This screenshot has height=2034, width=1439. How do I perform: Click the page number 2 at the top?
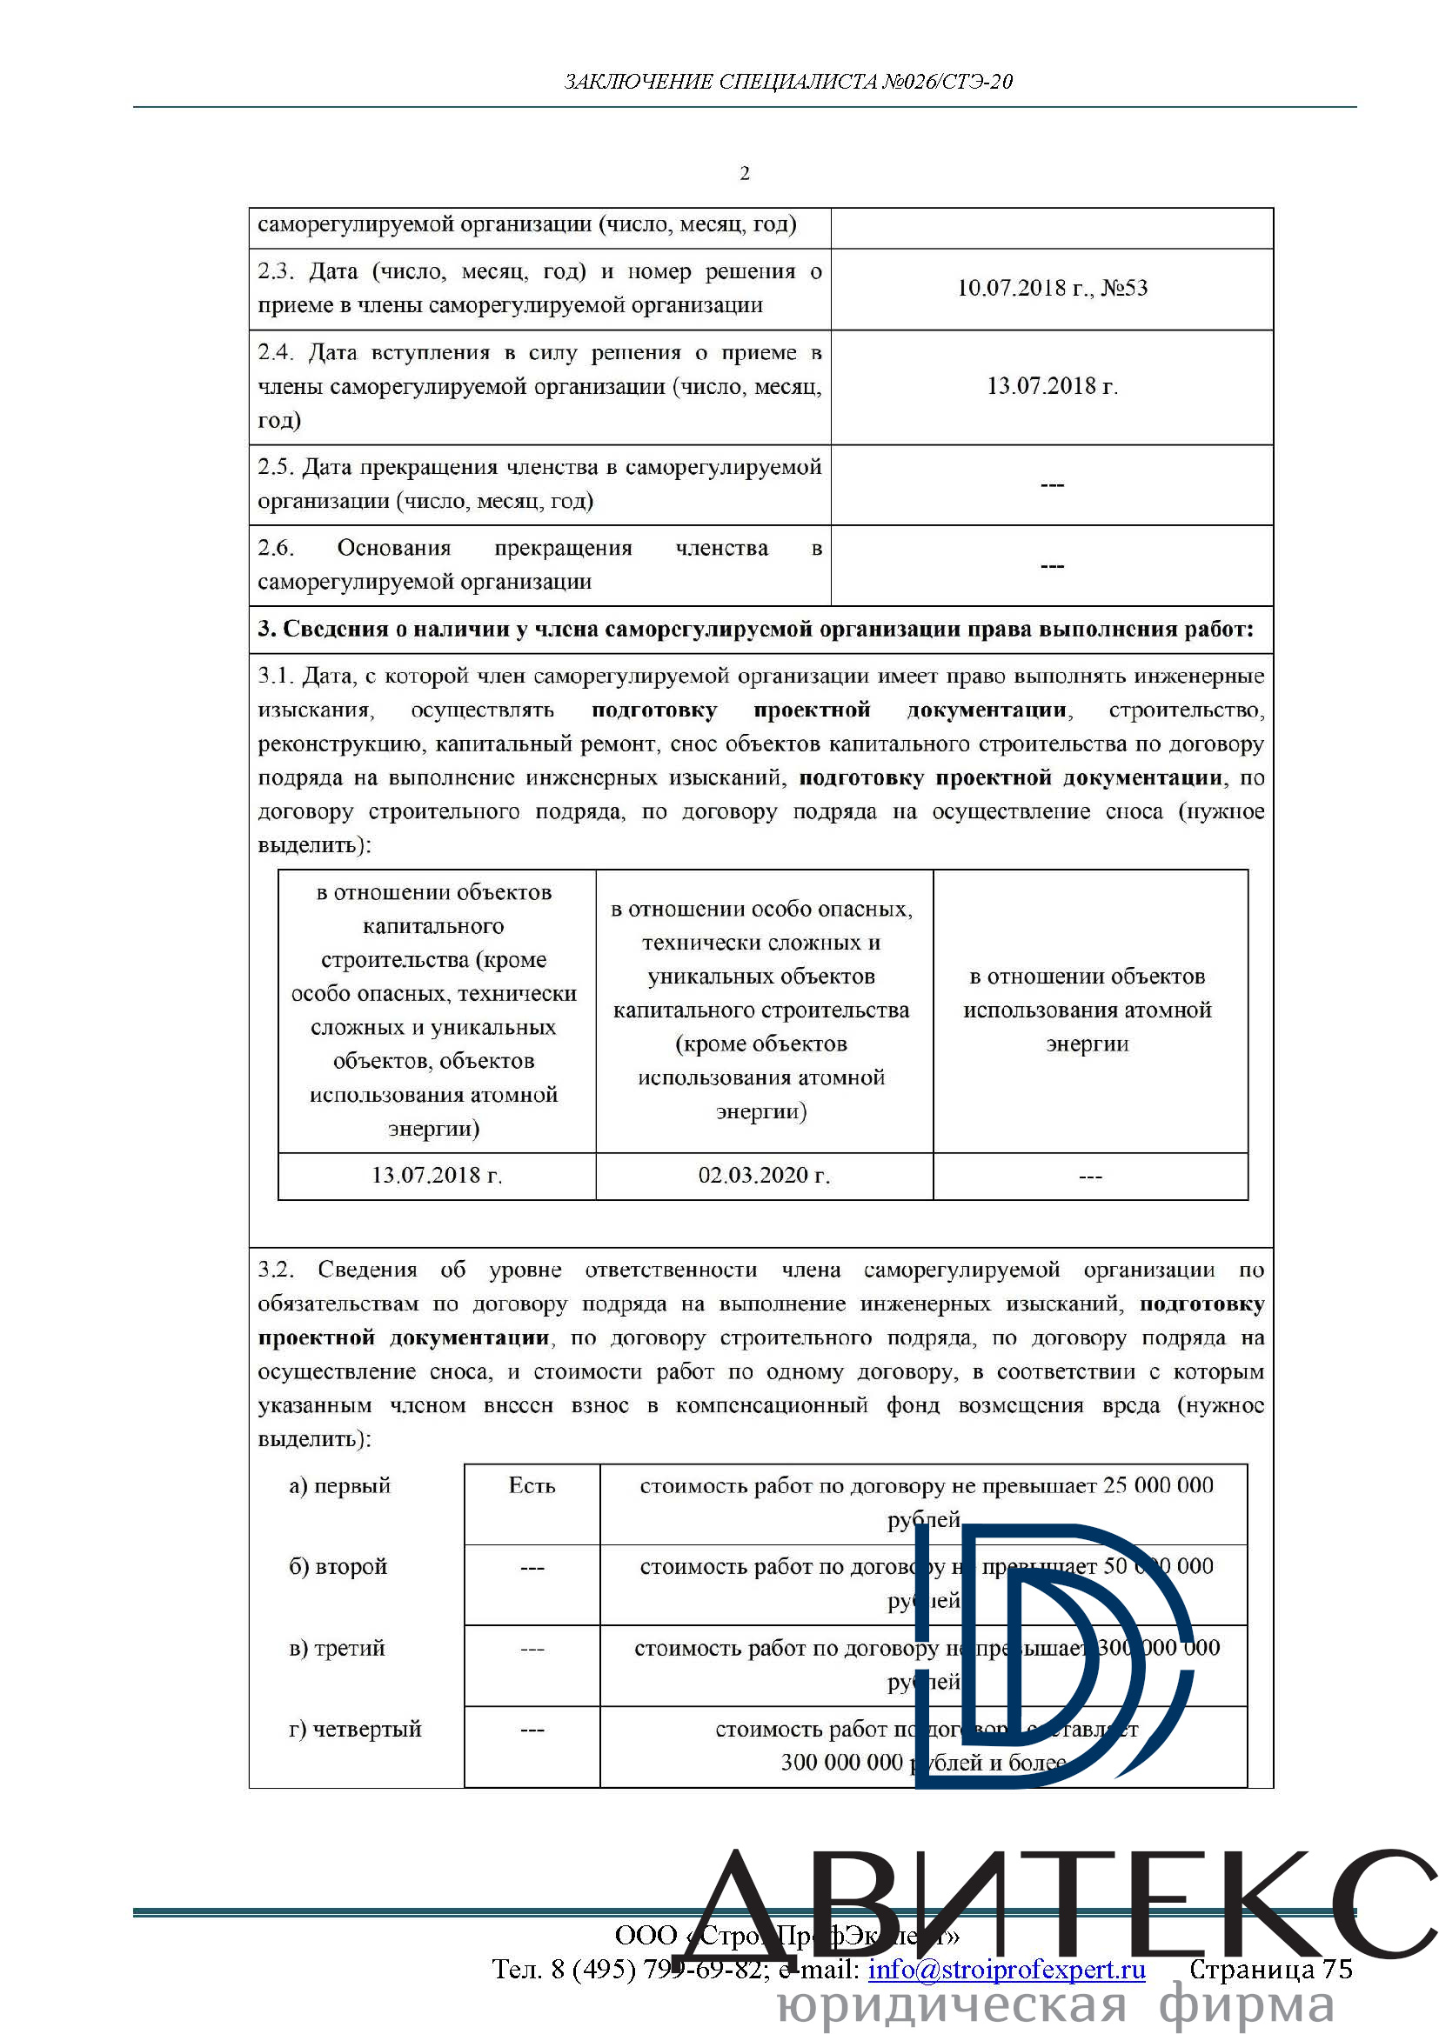(x=745, y=174)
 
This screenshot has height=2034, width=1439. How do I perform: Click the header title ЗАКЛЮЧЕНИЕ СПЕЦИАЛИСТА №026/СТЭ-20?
(x=787, y=83)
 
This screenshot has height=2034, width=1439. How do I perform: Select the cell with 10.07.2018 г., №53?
(x=1052, y=288)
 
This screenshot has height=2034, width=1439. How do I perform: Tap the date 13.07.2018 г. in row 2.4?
(x=1052, y=386)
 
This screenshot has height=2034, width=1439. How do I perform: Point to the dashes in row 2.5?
(x=1052, y=484)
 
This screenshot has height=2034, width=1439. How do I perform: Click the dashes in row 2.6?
(x=1052, y=565)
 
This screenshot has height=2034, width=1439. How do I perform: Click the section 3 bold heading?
(x=755, y=629)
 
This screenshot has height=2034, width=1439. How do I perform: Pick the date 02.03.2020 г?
(x=764, y=1176)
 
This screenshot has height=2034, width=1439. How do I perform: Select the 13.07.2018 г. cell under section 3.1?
(x=436, y=1176)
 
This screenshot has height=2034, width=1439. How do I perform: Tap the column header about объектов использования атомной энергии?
(x=1088, y=1010)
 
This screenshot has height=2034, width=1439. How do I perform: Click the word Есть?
(x=532, y=1485)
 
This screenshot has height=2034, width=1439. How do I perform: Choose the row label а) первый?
(x=339, y=1485)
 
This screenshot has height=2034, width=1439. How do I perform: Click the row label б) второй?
(x=338, y=1566)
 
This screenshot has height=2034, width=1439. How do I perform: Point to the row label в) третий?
(x=337, y=1648)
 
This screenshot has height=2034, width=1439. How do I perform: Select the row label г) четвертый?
(x=354, y=1729)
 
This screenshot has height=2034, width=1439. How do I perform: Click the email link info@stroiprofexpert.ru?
(x=1007, y=1969)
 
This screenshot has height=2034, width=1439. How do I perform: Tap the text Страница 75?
(x=1270, y=1969)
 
